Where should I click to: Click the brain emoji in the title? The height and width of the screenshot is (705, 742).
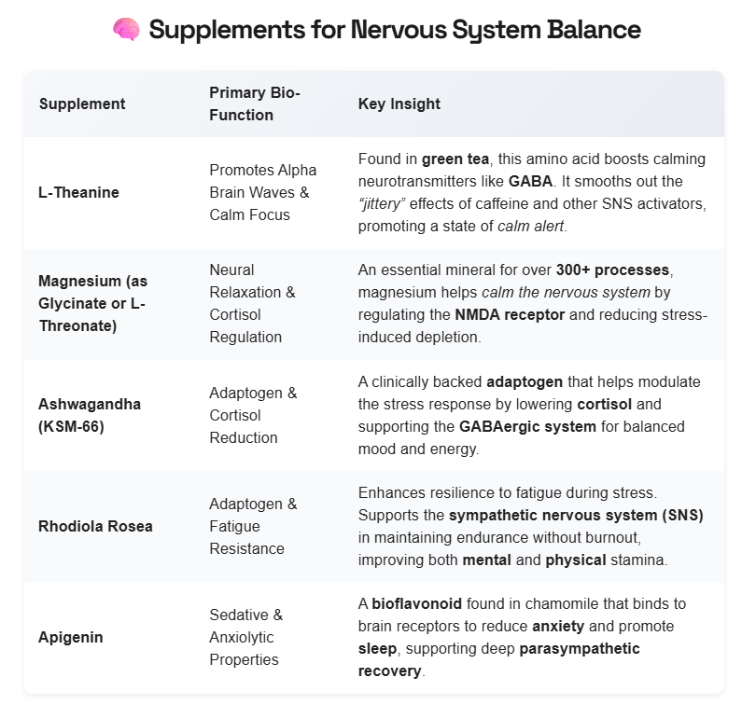[x=125, y=30]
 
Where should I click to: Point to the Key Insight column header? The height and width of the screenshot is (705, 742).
[x=399, y=104]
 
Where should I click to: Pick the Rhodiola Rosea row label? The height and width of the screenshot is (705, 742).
[x=96, y=526]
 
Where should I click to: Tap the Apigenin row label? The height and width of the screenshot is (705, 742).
[x=70, y=637]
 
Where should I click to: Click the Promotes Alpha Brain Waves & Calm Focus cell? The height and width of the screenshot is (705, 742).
[x=262, y=192]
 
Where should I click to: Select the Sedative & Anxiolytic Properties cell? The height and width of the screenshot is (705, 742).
[x=244, y=637]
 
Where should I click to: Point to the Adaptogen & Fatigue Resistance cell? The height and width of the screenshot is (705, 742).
[x=253, y=526]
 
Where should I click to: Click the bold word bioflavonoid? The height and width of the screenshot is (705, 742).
[x=415, y=603]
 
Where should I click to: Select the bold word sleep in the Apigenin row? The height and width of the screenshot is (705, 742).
[x=377, y=648]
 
